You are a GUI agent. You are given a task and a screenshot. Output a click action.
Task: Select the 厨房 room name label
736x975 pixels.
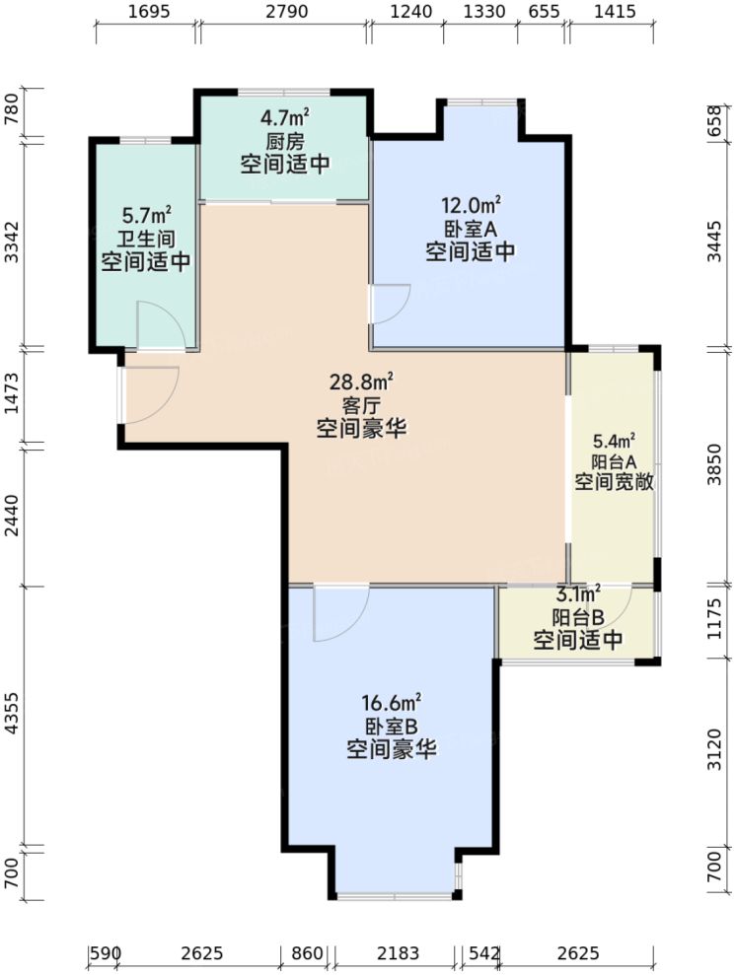point(284,140)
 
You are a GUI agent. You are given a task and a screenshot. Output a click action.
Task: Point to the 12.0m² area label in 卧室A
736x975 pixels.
point(471,206)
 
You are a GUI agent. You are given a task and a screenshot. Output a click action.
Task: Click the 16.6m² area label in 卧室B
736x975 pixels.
point(391,703)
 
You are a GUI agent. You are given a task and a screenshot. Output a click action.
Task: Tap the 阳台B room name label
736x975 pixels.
point(578,617)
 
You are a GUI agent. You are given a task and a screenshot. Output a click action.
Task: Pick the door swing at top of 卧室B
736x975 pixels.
point(338,611)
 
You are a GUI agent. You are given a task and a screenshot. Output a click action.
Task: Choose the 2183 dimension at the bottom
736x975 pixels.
point(398,953)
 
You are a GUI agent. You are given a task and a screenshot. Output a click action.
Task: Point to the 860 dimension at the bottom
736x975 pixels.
point(308,953)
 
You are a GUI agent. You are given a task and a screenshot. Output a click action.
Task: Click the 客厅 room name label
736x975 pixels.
point(362,404)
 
